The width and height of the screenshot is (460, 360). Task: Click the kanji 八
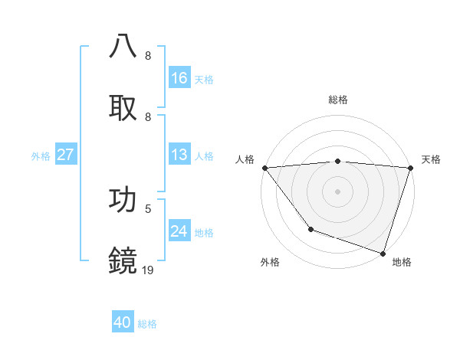click(123, 46)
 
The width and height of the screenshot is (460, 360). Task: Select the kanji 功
click(123, 199)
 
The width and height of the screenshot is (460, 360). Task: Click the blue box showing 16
click(179, 78)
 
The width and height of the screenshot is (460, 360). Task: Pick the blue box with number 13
click(179, 155)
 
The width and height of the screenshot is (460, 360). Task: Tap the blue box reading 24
click(179, 231)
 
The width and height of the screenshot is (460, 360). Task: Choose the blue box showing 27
click(66, 155)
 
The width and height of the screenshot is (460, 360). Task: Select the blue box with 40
click(123, 323)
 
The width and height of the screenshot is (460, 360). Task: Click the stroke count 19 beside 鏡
click(149, 270)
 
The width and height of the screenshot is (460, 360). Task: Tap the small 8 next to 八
click(148, 56)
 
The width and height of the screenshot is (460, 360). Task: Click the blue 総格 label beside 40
click(148, 324)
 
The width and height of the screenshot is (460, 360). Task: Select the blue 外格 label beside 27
click(41, 155)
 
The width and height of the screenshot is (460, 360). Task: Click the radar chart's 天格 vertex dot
click(410, 168)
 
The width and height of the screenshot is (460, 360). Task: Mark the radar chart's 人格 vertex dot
click(264, 168)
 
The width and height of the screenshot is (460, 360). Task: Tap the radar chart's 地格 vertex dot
click(383, 253)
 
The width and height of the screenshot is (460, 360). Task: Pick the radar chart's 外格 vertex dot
click(310, 229)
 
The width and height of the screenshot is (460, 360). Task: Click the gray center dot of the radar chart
click(337, 191)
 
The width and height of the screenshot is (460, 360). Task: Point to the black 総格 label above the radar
click(337, 100)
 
